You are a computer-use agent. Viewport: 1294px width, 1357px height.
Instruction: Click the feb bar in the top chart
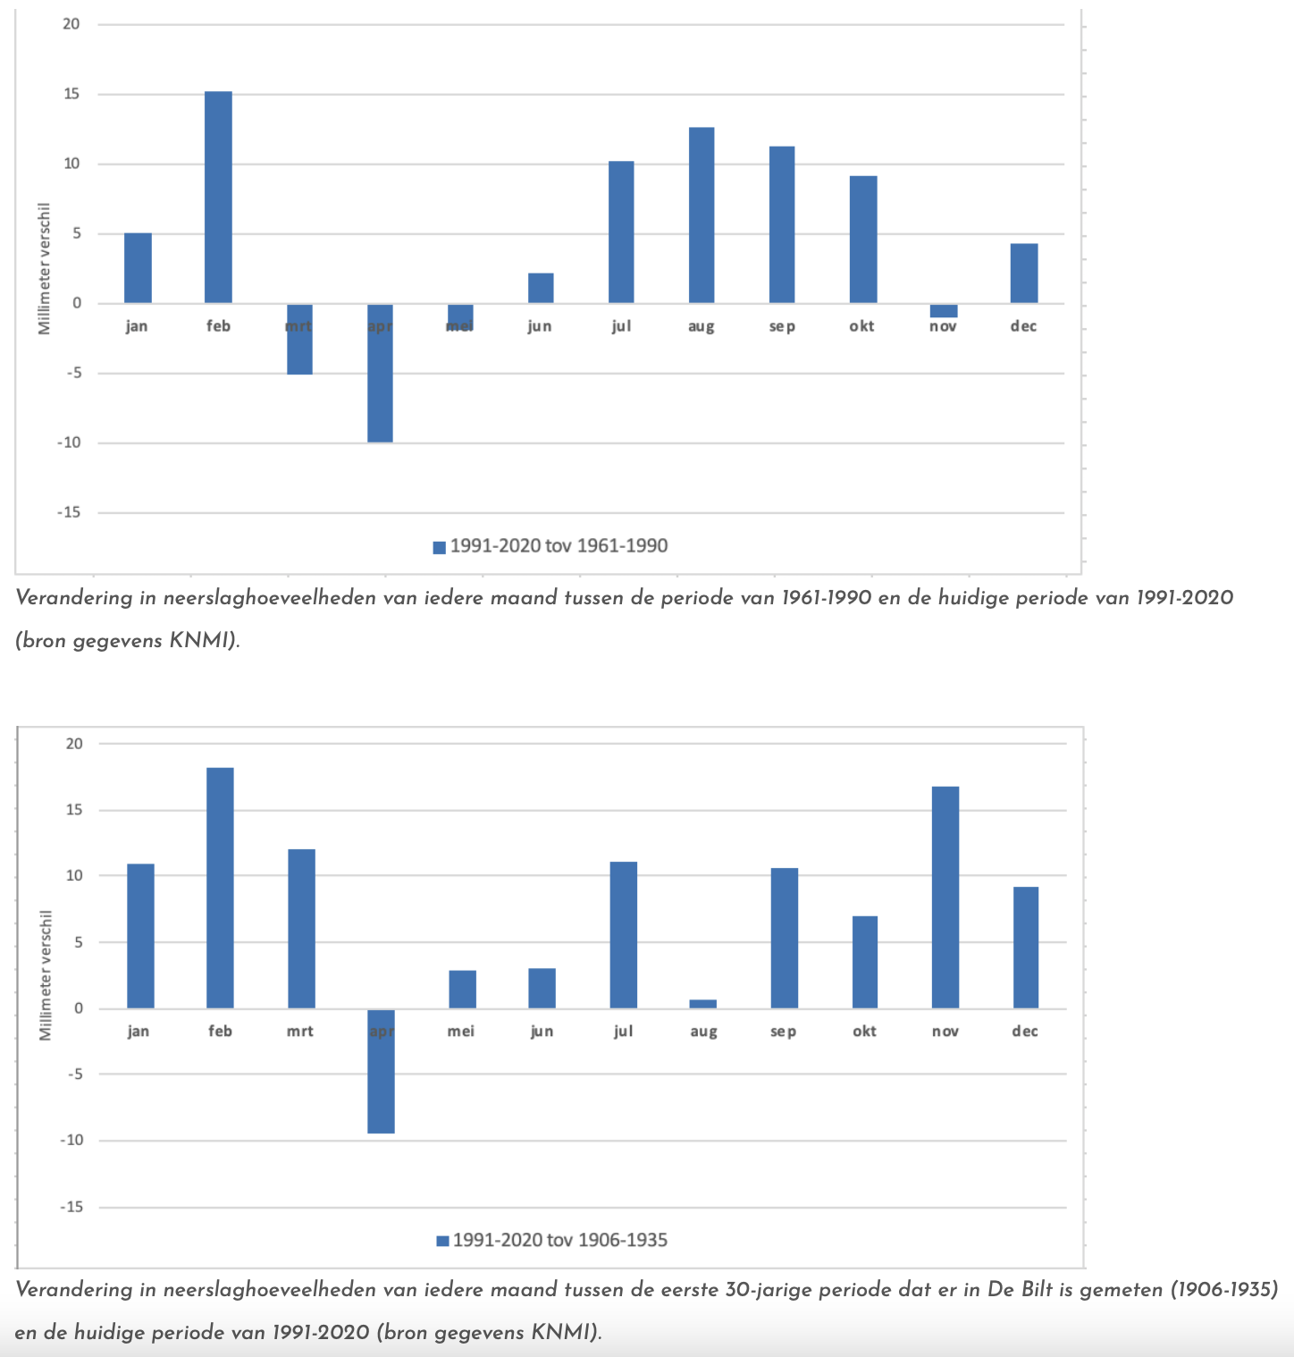218,198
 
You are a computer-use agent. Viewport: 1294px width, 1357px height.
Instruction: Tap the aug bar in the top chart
702,215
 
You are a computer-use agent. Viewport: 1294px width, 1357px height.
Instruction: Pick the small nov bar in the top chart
944,311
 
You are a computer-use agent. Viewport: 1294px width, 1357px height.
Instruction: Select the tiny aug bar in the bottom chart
703,1004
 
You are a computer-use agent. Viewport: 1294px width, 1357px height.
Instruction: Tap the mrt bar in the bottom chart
301,929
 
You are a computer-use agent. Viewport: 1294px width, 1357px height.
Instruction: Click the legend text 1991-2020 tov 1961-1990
559,546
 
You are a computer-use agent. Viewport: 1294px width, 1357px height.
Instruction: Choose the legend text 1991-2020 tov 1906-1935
560,1240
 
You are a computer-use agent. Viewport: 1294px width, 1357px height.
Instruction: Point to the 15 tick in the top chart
71,94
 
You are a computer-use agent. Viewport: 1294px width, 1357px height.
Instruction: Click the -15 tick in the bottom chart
71,1207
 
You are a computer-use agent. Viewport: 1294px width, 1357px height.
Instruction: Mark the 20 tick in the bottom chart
73,744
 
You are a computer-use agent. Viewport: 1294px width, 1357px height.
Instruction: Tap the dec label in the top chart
1023,326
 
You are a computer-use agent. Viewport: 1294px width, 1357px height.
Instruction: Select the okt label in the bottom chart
864,1031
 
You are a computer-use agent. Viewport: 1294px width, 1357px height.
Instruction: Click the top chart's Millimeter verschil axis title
45,268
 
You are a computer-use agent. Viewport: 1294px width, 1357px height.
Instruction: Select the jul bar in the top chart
621,232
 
